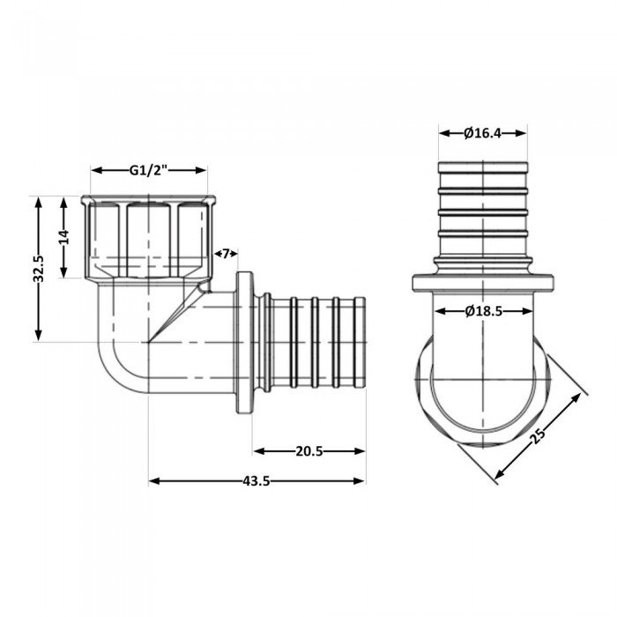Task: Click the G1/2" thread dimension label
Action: coord(150,171)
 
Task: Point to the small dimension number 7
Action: coord(225,254)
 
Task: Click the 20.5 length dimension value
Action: coord(308,450)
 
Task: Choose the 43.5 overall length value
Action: coord(256,480)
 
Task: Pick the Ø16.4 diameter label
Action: coord(482,133)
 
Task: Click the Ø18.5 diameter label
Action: coord(482,310)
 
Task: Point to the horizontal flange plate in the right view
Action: coord(482,284)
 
